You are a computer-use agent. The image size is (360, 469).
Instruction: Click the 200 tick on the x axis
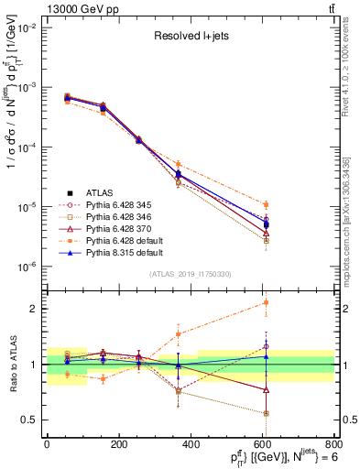[x=118, y=444]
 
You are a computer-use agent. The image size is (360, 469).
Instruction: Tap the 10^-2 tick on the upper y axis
[x=27, y=27]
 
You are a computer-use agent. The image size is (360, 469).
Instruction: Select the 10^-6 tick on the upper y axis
[x=27, y=267]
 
